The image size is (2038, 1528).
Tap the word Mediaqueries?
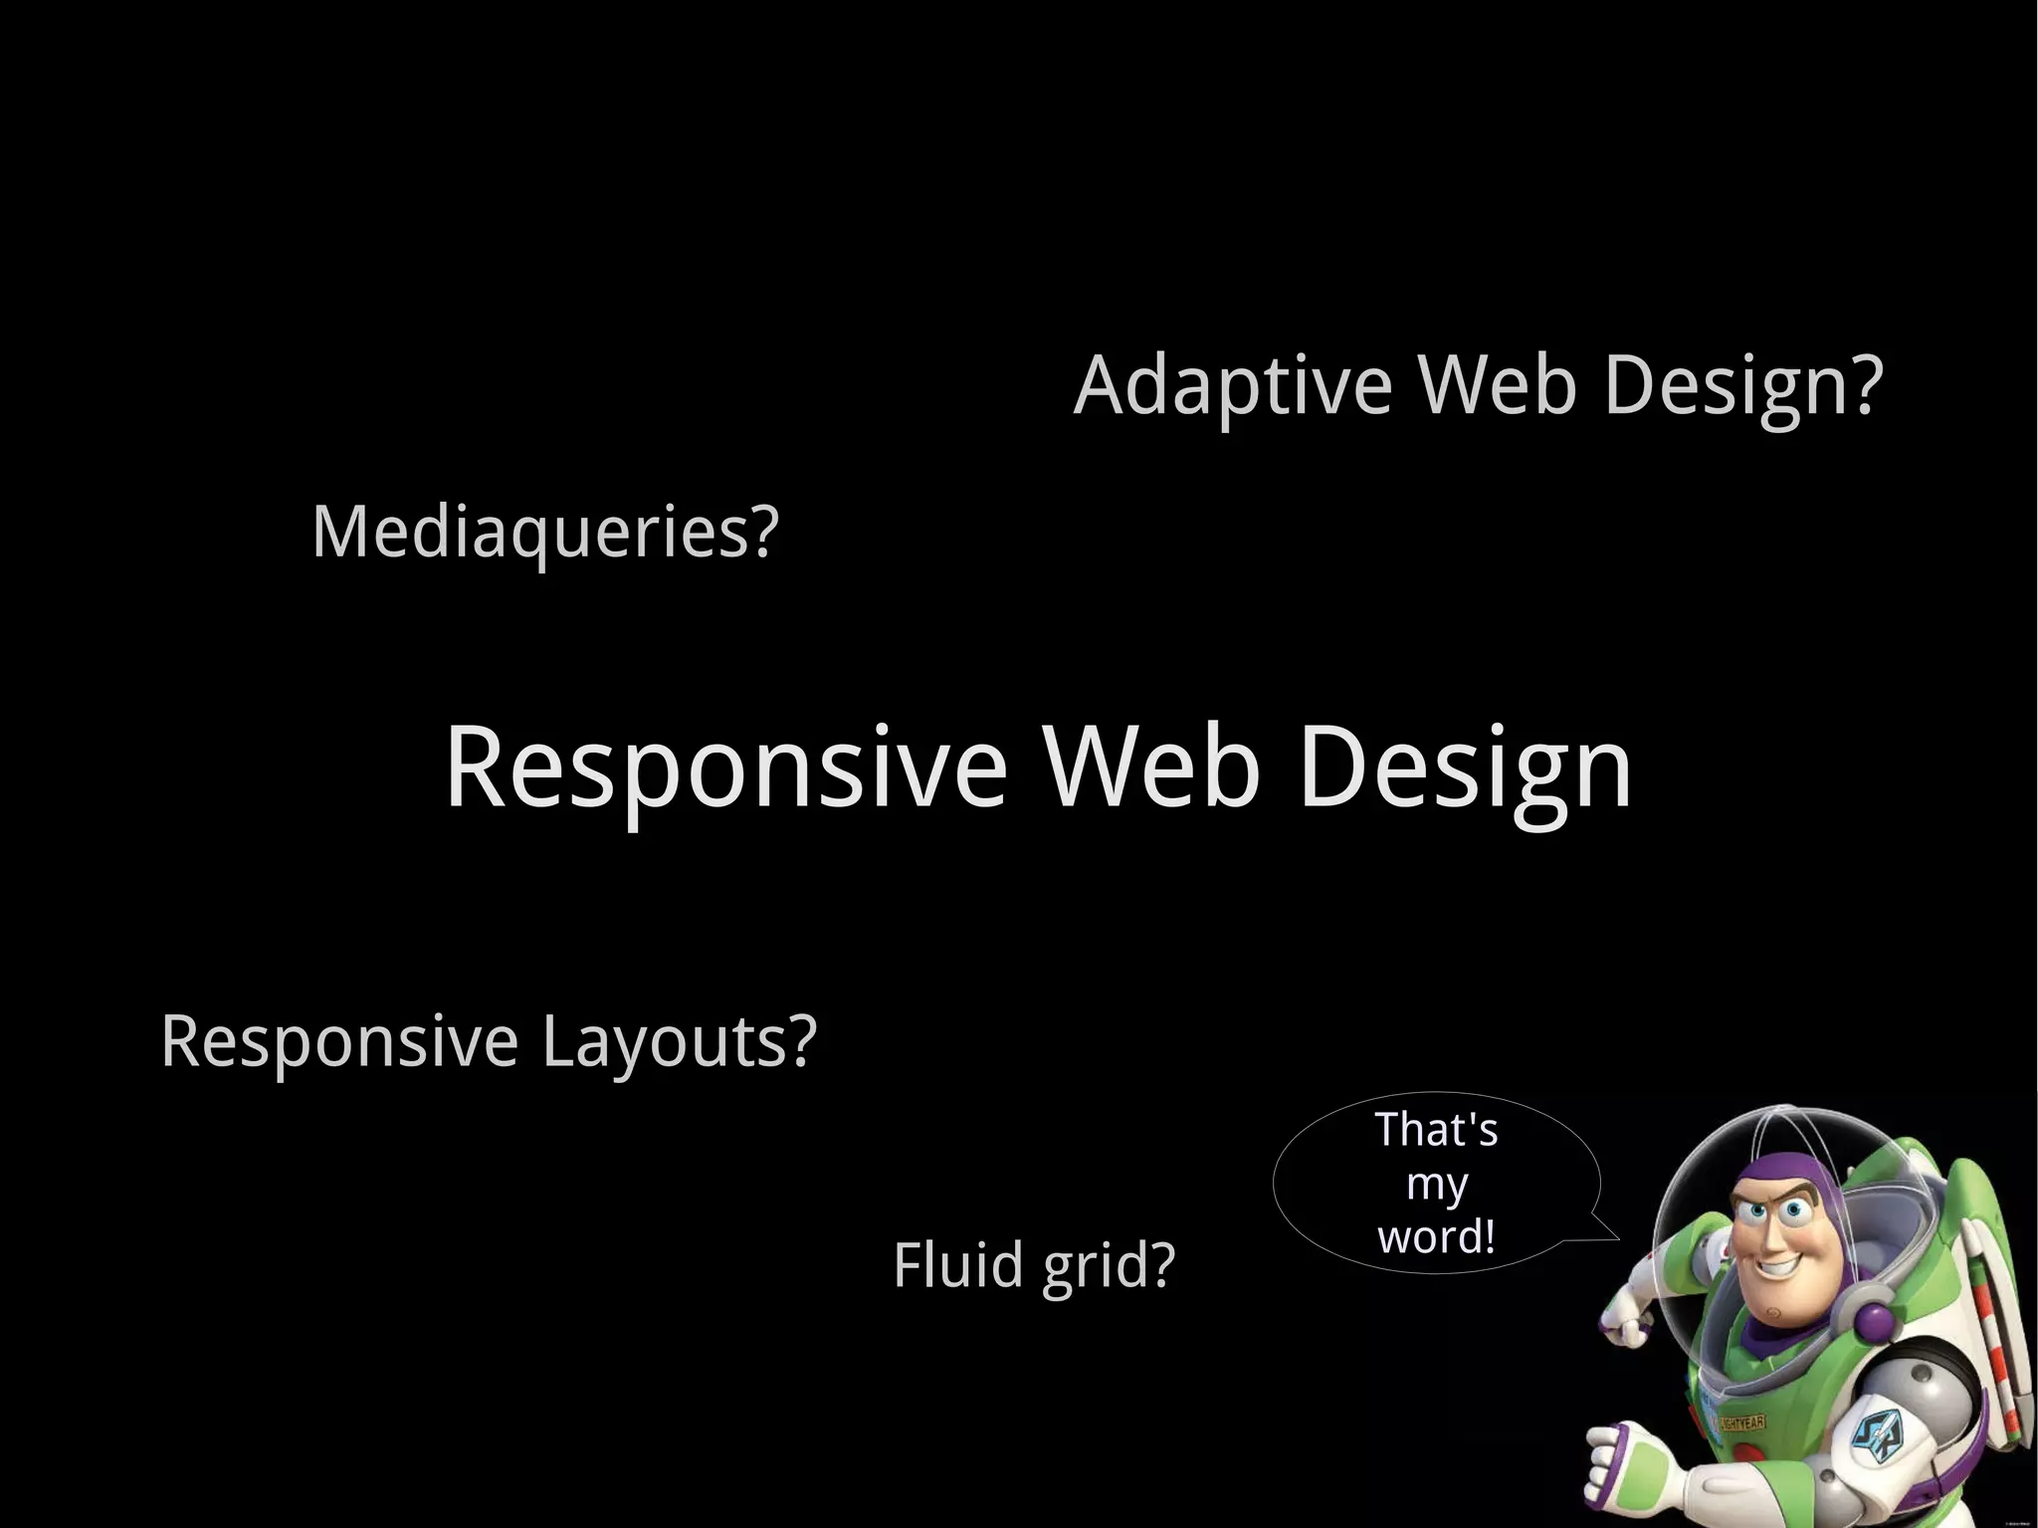(x=544, y=533)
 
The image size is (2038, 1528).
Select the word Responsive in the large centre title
(x=725, y=767)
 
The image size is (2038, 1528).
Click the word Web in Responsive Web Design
(x=1151, y=765)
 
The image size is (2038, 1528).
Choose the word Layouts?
(x=679, y=1041)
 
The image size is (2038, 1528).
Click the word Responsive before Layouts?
(x=339, y=1041)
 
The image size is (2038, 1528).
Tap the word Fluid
(x=958, y=1264)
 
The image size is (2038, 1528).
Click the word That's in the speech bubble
(x=1436, y=1130)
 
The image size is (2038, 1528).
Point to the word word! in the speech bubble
(x=1436, y=1237)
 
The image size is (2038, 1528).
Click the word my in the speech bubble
(x=1436, y=1185)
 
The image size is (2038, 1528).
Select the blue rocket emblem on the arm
(x=1876, y=1433)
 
